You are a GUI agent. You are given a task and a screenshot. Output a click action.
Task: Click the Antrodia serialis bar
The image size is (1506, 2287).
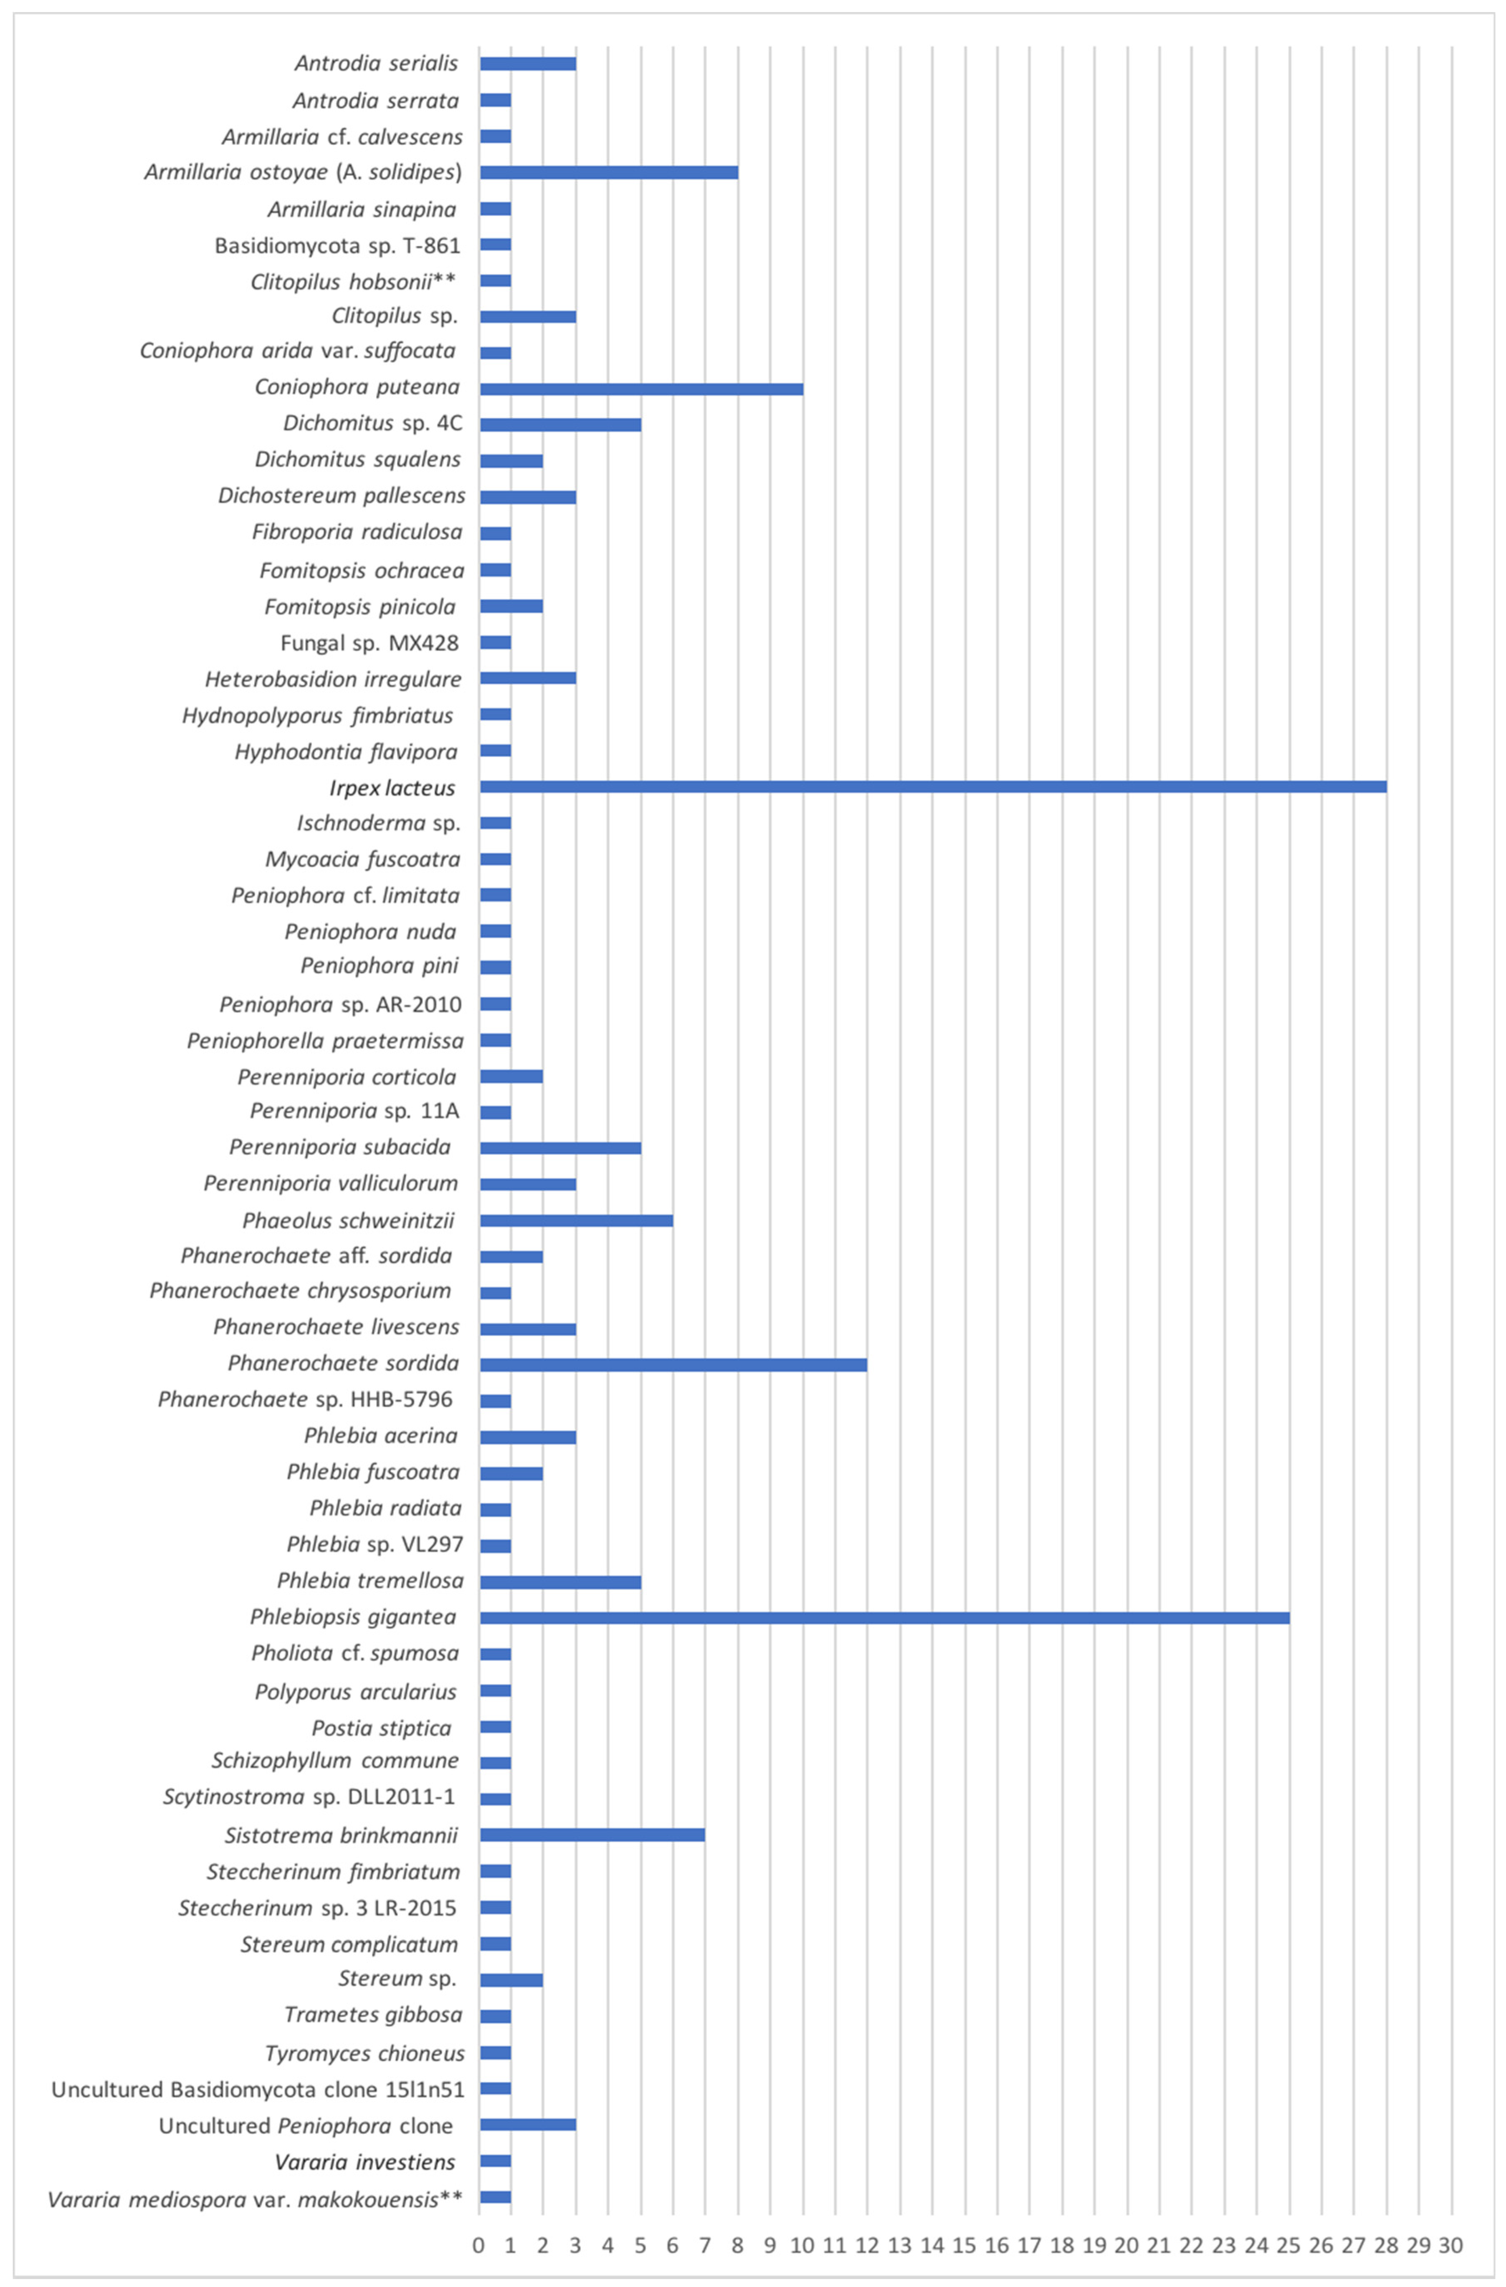click(x=528, y=63)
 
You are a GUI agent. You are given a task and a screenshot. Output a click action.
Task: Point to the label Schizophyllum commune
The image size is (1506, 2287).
click(x=335, y=1760)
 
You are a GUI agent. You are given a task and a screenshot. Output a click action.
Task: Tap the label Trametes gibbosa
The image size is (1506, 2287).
click(x=373, y=2014)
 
